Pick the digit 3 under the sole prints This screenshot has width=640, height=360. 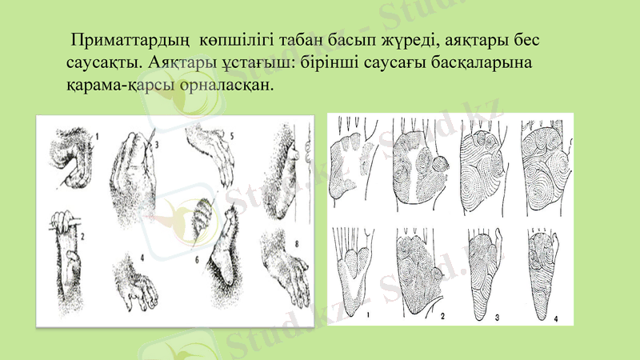(x=497, y=318)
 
